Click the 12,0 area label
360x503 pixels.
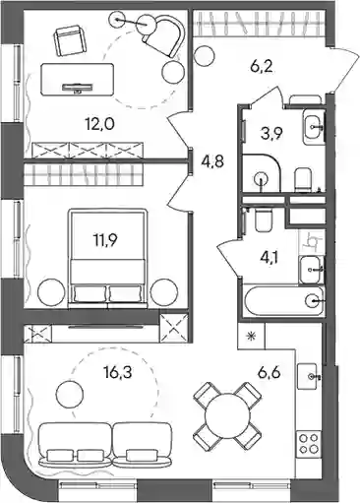pos(99,125)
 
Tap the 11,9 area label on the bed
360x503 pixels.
pos(104,240)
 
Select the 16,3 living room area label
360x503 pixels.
pos(117,373)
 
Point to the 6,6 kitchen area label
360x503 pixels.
pos(269,373)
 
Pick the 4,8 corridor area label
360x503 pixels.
pos(212,161)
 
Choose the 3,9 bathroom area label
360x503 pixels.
pos(270,133)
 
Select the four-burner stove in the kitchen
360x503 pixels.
pos(309,443)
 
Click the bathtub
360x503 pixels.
pos(284,300)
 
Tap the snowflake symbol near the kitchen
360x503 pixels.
pos(252,336)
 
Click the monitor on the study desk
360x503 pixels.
pos(78,88)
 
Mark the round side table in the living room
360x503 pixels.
pos(69,395)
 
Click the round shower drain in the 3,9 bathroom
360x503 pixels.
pos(262,179)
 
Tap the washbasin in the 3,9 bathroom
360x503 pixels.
pos(314,126)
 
